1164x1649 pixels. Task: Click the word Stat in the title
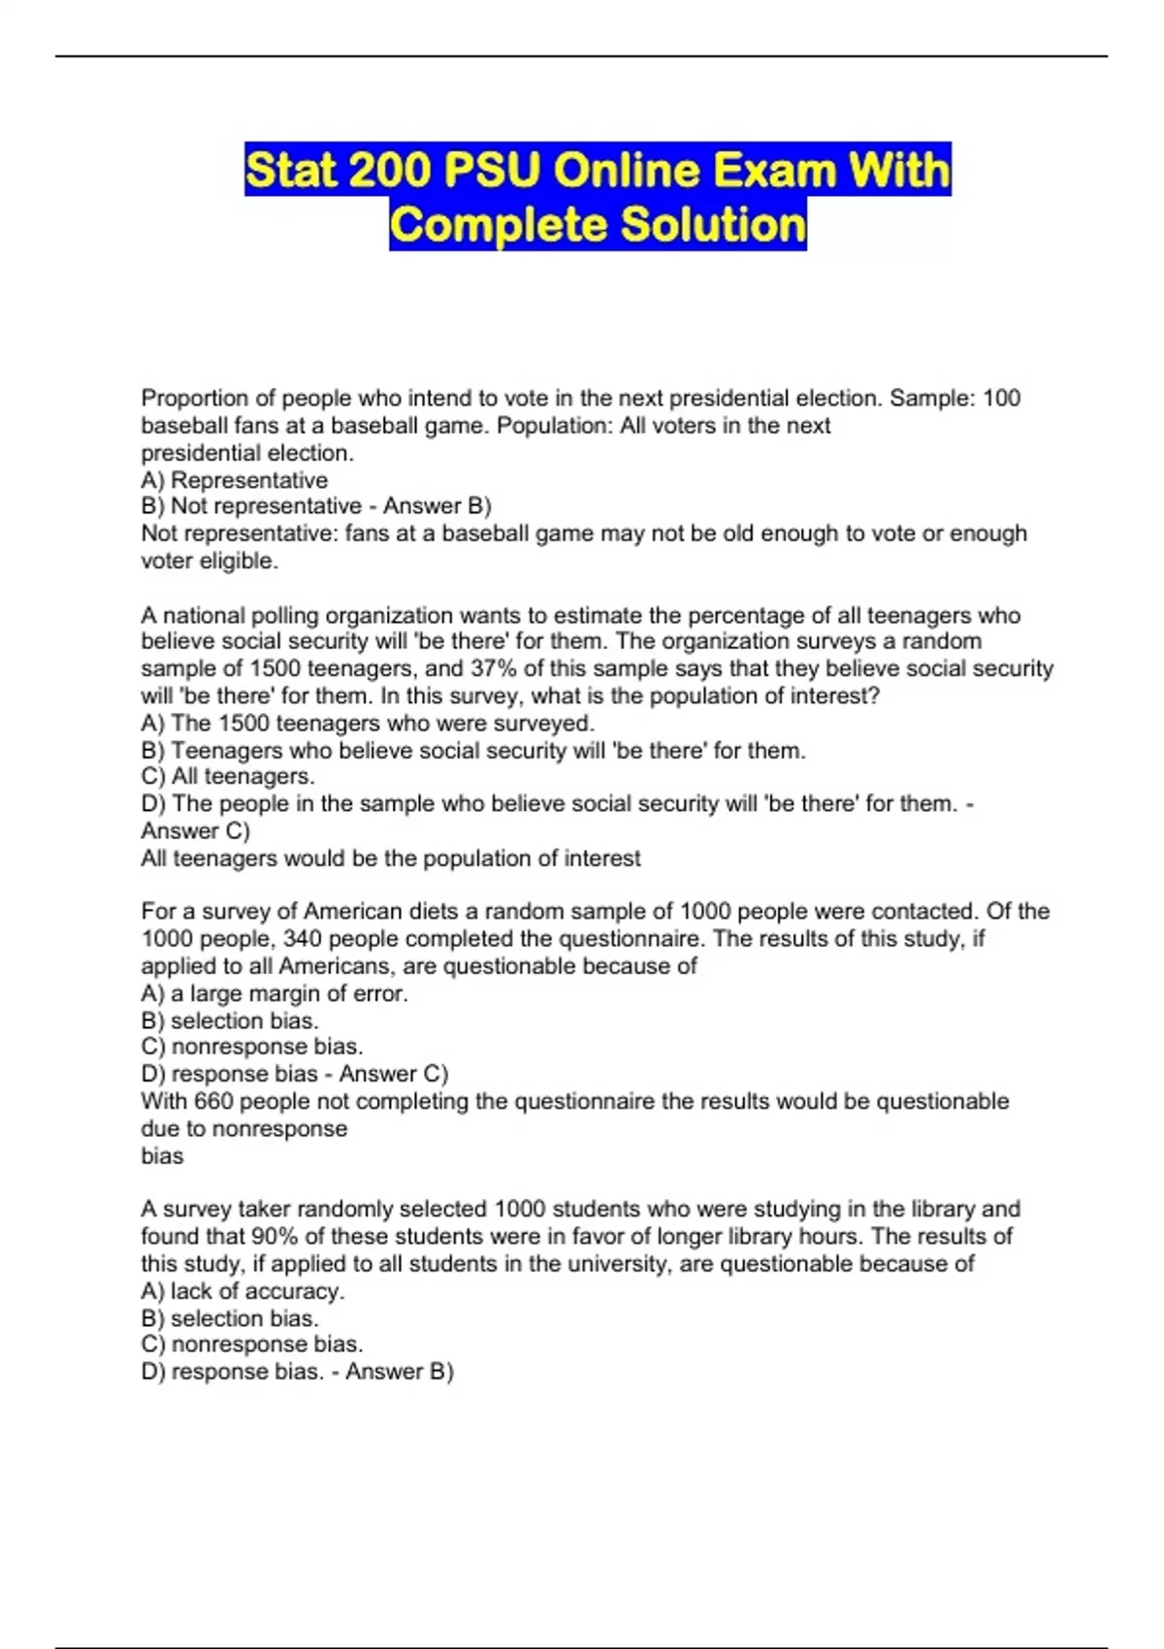coord(290,171)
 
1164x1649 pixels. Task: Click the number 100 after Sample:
coord(1001,398)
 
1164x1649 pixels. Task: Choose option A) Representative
coord(234,480)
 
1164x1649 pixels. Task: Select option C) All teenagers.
coord(227,776)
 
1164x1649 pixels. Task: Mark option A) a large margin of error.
coord(274,993)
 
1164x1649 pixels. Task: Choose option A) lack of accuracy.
coord(242,1291)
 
